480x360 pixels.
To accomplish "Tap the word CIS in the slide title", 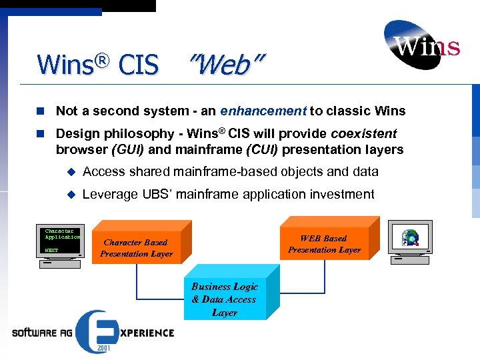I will pyautogui.click(x=138, y=65).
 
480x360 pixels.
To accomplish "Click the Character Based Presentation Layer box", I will pyautogui.click(x=136, y=248).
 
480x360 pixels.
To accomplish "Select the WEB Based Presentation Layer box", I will pyautogui.click(x=324, y=244).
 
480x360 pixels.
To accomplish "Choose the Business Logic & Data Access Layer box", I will pyautogui.click(x=224, y=299).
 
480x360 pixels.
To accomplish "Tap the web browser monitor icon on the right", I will pyautogui.click(x=411, y=238).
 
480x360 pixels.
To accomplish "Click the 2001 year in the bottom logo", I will pyautogui.click(x=103, y=347).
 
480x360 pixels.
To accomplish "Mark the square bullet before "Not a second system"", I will pyautogui.click(x=42, y=111).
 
